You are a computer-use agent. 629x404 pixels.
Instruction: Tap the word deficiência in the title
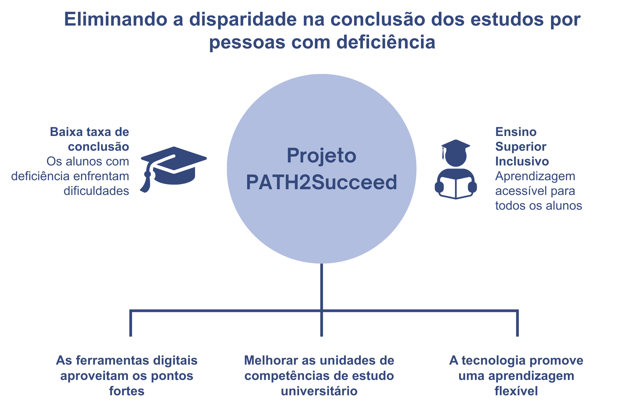click(x=386, y=42)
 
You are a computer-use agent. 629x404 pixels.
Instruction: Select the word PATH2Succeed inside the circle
click(x=321, y=183)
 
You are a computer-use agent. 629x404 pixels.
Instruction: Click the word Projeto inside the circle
click(x=321, y=156)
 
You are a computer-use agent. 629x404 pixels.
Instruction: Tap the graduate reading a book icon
click(x=456, y=169)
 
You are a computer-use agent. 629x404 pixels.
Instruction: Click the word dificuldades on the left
click(x=96, y=191)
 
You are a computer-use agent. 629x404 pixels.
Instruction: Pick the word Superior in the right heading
click(x=521, y=147)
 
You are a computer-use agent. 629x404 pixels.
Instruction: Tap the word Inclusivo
click(x=522, y=162)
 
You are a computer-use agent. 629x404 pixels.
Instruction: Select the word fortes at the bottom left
click(x=127, y=391)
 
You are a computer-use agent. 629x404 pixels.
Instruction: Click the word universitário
click(x=319, y=391)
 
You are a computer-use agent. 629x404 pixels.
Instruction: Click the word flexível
click(x=516, y=391)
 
